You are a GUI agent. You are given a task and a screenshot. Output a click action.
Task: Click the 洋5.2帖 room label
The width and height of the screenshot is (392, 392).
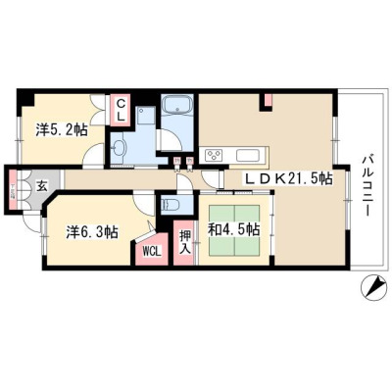62,129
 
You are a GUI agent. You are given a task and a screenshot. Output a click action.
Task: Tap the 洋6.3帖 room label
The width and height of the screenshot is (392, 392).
92,232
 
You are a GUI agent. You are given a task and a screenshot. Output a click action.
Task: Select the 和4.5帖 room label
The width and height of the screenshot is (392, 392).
234,229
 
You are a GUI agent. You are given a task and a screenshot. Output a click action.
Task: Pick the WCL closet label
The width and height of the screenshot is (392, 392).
152,251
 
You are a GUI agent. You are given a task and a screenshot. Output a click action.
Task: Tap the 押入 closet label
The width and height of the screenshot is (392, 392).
184,243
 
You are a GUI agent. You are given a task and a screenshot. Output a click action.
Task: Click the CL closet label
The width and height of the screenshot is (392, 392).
121,110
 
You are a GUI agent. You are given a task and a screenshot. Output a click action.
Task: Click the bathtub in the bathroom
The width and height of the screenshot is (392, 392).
178,104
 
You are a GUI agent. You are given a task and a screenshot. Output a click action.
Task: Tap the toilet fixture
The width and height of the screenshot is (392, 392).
171,205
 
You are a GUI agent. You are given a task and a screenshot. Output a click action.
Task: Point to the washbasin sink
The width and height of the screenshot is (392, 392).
119,148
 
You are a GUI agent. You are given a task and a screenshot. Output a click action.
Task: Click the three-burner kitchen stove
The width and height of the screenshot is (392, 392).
214,155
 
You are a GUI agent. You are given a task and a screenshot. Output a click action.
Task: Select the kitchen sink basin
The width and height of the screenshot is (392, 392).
248,155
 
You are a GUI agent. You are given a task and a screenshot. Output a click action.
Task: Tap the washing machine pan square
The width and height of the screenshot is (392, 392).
145,115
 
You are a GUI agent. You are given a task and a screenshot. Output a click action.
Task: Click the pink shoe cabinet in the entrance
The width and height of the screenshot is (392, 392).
12,190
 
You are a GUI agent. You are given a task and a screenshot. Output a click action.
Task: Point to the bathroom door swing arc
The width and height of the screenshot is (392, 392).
170,140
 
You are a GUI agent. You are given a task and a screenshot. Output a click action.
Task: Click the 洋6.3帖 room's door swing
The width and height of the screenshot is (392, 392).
144,205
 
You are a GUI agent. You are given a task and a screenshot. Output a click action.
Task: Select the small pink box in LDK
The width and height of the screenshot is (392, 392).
268,100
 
